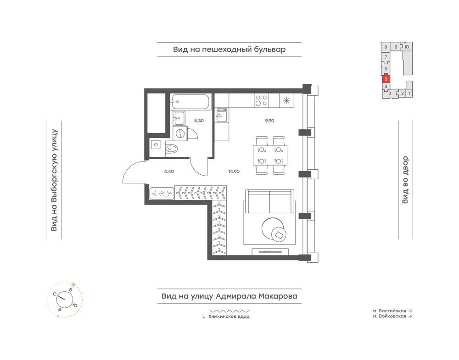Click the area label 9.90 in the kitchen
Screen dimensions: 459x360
[269, 121]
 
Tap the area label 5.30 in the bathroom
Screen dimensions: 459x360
[199, 121]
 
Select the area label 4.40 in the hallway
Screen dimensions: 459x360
[169, 172]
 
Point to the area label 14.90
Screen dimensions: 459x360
[234, 172]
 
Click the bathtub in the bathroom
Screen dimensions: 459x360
[190, 102]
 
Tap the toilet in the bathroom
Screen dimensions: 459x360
[172, 149]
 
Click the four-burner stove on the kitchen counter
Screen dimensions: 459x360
[261, 100]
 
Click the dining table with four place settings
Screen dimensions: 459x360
[270, 155]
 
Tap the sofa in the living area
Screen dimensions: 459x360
[269, 202]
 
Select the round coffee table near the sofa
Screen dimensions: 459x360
[273, 229]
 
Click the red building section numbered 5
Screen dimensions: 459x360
[386, 79]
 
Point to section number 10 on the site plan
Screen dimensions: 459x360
[407, 47]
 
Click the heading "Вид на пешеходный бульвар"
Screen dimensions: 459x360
[229, 50]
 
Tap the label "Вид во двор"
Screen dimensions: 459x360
[405, 180]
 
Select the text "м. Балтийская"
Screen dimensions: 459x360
[390, 311]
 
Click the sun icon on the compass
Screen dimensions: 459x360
[73, 284]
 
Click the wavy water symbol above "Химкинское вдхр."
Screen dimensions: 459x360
[229, 311]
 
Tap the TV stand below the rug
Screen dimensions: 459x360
[270, 251]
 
